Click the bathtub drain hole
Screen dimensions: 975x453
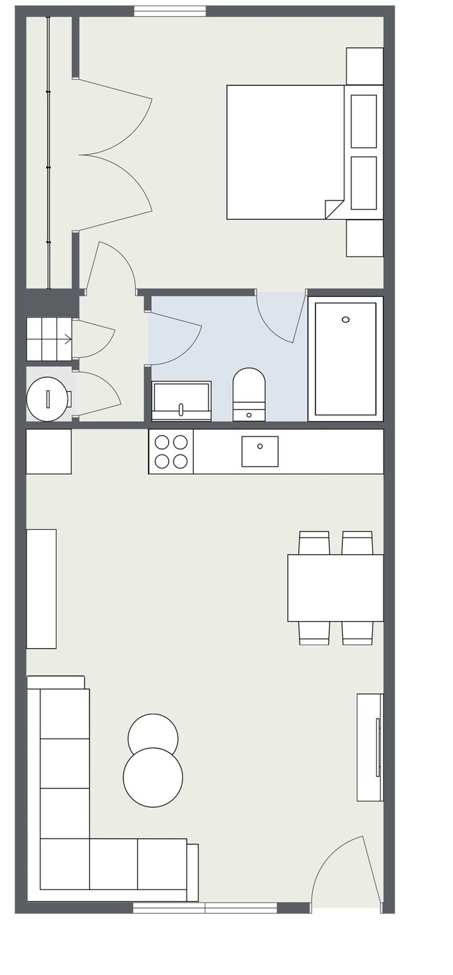(x=346, y=319)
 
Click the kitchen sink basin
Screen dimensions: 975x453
(x=259, y=451)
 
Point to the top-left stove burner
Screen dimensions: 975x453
(x=162, y=442)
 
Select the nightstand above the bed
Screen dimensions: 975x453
(x=364, y=66)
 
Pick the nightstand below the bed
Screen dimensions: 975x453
(x=364, y=238)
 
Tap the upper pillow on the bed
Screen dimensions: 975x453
(x=363, y=121)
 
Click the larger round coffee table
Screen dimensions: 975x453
(x=153, y=778)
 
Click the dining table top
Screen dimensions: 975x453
(x=335, y=588)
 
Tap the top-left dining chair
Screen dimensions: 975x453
(x=314, y=542)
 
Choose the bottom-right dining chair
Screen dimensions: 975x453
(x=357, y=632)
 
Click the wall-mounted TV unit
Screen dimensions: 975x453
(x=369, y=747)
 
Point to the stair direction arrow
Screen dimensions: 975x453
(x=67, y=339)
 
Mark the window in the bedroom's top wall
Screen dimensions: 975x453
(x=170, y=10)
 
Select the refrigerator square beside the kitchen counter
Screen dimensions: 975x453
(x=49, y=452)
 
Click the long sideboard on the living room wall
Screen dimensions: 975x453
(x=41, y=589)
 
